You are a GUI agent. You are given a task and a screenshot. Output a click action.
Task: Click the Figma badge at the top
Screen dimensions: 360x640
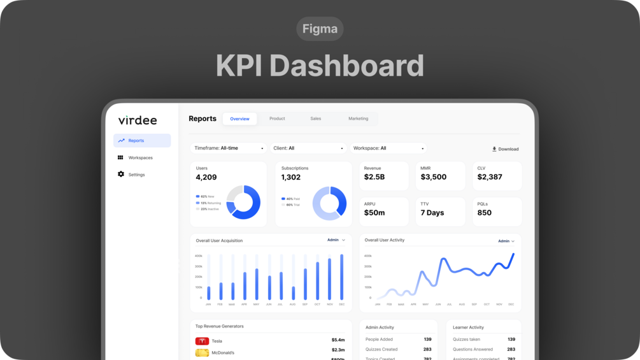(x=320, y=29)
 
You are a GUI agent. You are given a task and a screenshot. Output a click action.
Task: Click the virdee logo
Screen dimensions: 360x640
(x=138, y=120)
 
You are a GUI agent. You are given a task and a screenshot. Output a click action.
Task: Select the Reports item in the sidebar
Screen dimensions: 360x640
(x=142, y=140)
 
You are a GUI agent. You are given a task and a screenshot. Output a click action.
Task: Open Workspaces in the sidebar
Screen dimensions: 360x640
(x=140, y=157)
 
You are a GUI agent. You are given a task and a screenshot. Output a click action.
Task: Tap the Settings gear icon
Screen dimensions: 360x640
(x=121, y=174)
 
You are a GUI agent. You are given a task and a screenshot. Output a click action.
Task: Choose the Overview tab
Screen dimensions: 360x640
(x=240, y=119)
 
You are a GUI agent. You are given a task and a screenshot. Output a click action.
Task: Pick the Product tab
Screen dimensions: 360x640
(x=277, y=119)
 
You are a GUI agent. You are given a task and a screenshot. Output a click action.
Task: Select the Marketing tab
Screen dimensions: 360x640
(x=358, y=119)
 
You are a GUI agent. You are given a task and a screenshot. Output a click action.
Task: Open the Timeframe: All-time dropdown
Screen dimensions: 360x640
(x=229, y=148)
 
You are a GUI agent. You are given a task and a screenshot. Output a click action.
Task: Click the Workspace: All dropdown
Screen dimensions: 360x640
(x=388, y=148)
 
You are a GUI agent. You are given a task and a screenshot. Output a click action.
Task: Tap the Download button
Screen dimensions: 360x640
(x=505, y=149)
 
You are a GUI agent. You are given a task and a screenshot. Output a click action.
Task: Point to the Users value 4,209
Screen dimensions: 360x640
(x=206, y=177)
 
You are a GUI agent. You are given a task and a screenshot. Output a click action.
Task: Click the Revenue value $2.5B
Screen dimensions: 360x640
(x=374, y=177)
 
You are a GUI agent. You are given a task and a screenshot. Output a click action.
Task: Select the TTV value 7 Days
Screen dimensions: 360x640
(x=432, y=213)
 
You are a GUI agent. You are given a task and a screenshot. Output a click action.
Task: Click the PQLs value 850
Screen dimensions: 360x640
(x=485, y=213)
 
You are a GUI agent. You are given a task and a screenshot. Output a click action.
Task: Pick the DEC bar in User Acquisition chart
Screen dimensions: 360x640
(x=342, y=277)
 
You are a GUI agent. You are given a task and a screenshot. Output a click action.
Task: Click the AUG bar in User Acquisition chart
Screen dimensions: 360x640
(x=293, y=292)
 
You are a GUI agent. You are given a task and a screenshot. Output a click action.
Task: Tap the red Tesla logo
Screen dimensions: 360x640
(x=202, y=341)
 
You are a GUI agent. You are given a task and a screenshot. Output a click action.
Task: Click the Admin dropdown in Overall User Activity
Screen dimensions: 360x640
(x=506, y=241)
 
